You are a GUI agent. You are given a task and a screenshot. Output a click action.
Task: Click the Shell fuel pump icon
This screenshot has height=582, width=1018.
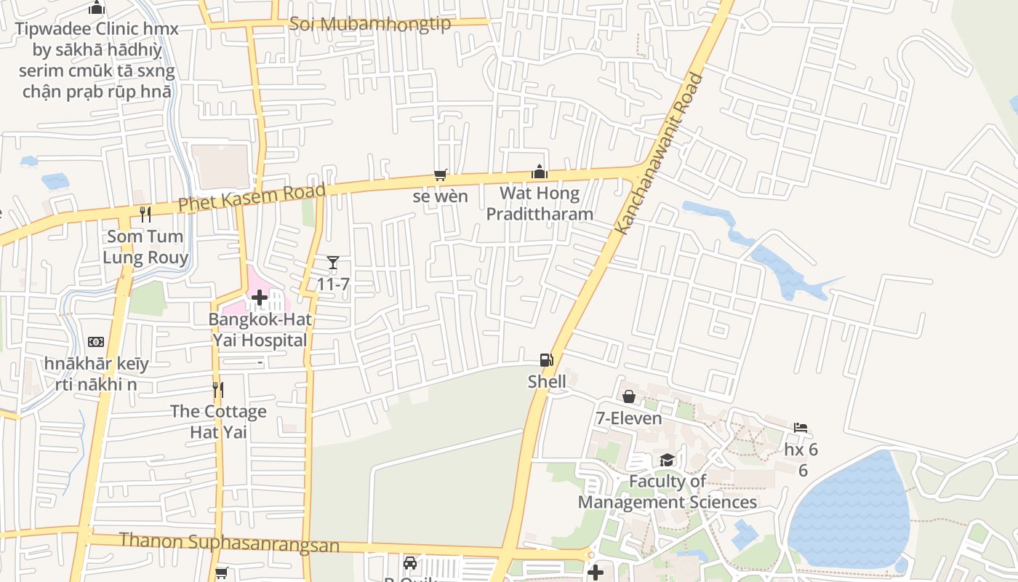(546, 359)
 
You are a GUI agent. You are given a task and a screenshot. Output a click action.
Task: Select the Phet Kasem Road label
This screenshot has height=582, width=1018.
(252, 199)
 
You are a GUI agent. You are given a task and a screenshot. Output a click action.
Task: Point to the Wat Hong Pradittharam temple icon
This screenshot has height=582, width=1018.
(540, 172)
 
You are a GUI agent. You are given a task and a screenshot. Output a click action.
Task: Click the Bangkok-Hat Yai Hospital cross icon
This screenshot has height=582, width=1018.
(260, 298)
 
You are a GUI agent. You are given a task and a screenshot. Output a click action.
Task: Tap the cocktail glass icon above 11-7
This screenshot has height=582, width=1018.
(333, 263)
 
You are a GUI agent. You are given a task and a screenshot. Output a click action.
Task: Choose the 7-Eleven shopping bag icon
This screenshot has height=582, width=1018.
(629, 396)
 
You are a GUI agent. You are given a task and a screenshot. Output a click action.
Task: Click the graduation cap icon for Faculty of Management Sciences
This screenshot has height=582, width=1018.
(667, 460)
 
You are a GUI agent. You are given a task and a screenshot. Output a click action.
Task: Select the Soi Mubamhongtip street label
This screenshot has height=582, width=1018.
(370, 24)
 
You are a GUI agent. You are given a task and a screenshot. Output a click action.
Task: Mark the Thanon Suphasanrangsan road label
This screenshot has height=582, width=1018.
(229, 543)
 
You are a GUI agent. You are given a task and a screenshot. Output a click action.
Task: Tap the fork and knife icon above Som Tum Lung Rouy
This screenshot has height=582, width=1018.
(145, 214)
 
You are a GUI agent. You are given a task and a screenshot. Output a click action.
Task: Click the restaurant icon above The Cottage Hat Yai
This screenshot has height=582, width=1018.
(217, 390)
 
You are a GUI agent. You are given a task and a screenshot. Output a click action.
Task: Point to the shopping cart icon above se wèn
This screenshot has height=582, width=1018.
(440, 175)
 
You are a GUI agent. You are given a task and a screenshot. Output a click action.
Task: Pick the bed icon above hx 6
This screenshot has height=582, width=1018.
(801, 428)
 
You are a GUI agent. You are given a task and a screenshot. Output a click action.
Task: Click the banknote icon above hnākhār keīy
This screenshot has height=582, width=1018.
(96, 342)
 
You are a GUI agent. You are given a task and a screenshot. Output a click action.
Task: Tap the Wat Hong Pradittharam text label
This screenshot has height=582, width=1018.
(540, 204)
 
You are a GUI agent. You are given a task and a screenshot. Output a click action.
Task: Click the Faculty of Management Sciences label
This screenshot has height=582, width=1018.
(667, 492)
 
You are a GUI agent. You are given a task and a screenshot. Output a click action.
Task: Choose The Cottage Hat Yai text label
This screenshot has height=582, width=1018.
(218, 422)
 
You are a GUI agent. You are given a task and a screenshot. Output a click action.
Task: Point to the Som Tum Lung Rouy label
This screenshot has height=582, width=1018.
(145, 247)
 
